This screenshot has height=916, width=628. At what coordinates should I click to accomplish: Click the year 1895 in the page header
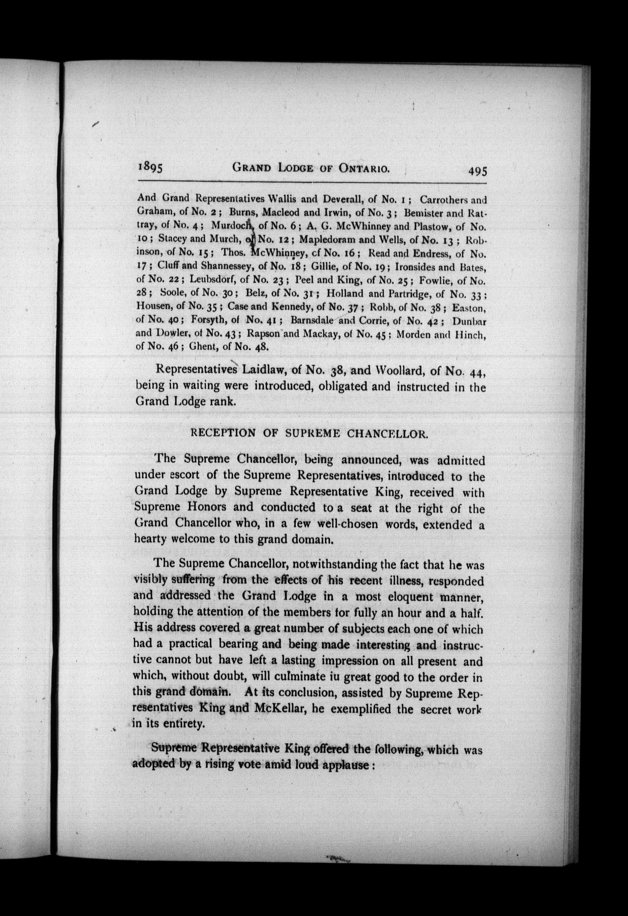point(150,168)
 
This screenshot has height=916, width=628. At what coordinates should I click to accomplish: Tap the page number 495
point(477,170)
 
